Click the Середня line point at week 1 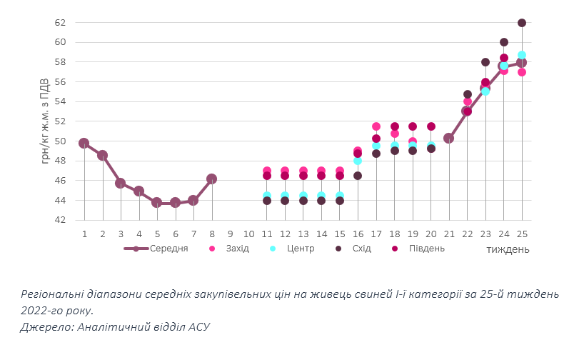pyautogui.click(x=84, y=143)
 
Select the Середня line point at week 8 pyautogui.click(x=211, y=179)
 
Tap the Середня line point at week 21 pyautogui.click(x=449, y=139)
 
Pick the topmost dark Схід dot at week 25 pyautogui.click(x=522, y=23)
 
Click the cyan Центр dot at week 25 pyautogui.click(x=522, y=55)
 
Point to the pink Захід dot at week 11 pyautogui.click(x=266, y=171)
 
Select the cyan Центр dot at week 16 pyautogui.click(x=358, y=161)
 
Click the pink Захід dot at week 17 pyautogui.click(x=376, y=126)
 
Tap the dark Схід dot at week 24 pyautogui.click(x=504, y=42)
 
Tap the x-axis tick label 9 pyautogui.click(x=230, y=234)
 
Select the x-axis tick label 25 pyautogui.click(x=522, y=234)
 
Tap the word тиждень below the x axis pyautogui.click(x=508, y=249)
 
